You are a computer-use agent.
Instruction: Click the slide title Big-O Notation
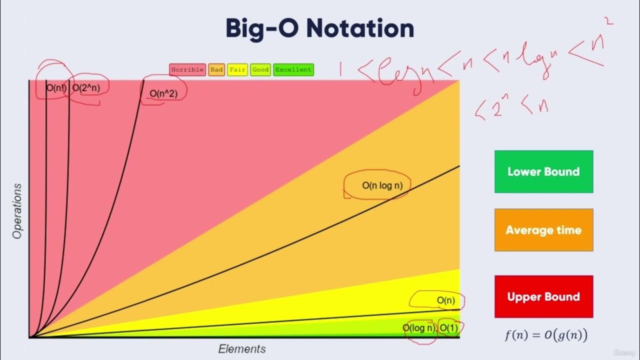coord(319,28)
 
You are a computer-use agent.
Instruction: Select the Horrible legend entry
coord(187,70)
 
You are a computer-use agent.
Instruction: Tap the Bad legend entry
coord(216,70)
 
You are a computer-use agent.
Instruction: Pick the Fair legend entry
coord(237,70)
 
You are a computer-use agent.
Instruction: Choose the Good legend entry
coord(260,70)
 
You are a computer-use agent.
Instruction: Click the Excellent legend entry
coord(293,70)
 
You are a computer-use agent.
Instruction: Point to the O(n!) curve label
coord(57,88)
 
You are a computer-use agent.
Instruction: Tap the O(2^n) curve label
coord(86,88)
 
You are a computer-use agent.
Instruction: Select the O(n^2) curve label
coord(163,93)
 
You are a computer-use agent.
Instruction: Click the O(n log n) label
coord(382,185)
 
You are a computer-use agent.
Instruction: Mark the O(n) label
coord(445,300)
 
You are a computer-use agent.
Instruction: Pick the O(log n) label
coord(419,328)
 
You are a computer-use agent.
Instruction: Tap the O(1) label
coord(448,328)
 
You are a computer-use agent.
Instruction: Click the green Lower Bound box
coord(543,171)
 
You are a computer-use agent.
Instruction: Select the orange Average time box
coord(543,230)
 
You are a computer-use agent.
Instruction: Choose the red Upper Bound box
coord(543,296)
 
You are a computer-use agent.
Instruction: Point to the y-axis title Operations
coord(18,211)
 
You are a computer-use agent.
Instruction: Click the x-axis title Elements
coord(242,349)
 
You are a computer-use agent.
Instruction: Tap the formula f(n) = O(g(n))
coord(545,335)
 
